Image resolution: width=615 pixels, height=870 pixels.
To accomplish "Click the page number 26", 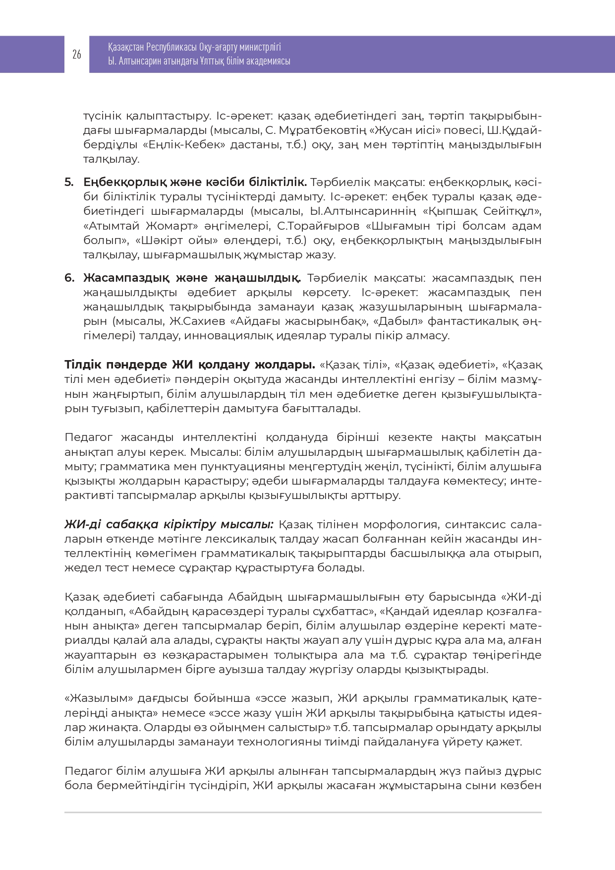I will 77,55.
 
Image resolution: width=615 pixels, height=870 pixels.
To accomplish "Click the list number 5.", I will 68,183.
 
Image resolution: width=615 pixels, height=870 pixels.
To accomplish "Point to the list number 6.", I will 69,278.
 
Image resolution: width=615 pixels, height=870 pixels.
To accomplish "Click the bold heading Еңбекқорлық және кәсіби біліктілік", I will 195,183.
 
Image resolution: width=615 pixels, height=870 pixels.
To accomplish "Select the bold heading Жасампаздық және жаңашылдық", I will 192,278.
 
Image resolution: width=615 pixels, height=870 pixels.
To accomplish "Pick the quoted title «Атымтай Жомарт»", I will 141,226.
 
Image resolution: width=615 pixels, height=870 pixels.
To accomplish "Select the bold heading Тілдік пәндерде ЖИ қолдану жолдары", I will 190,365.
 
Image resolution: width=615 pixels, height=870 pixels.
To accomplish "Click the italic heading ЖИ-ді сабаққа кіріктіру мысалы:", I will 169,525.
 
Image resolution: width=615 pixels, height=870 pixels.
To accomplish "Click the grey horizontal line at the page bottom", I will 303,812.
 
